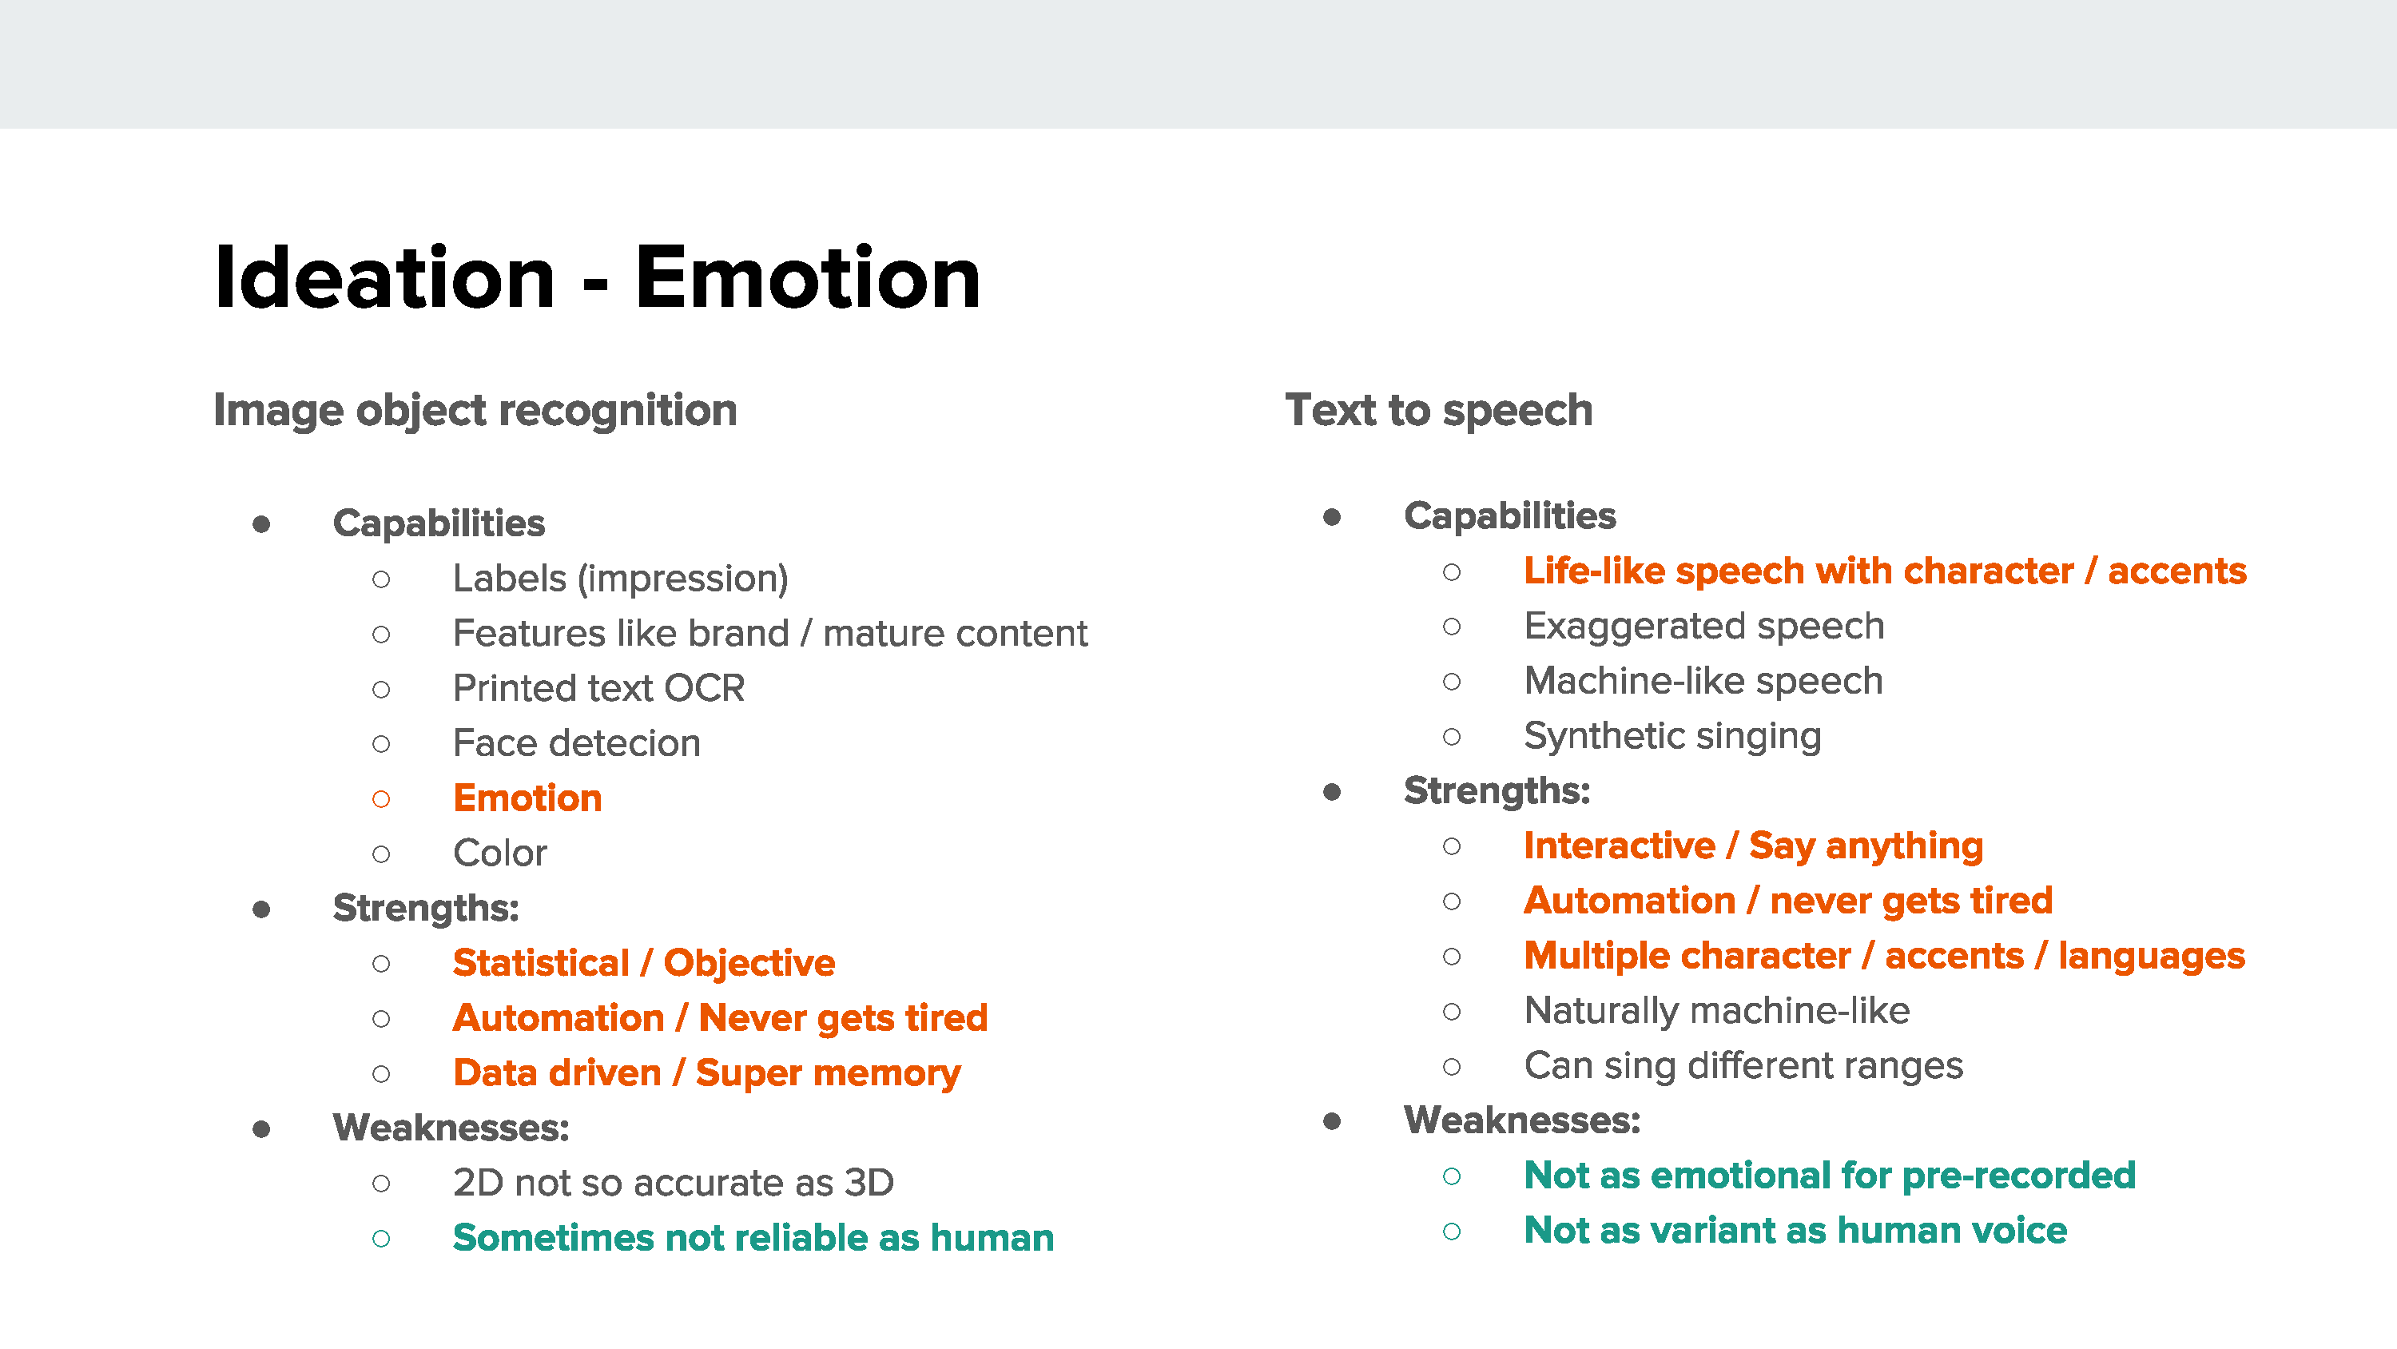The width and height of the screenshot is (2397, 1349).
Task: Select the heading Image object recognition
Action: pyautogui.click(x=475, y=411)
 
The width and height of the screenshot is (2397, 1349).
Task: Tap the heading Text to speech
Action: pyautogui.click(x=1438, y=410)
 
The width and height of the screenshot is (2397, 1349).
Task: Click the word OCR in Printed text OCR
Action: pyautogui.click(x=705, y=688)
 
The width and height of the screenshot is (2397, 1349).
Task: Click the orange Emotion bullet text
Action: pyautogui.click(x=527, y=798)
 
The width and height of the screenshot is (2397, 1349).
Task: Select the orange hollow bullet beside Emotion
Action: pyautogui.click(x=381, y=799)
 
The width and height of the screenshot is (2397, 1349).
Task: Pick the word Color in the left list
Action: pyautogui.click(x=501, y=853)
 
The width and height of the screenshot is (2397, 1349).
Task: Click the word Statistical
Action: pyautogui.click(x=542, y=963)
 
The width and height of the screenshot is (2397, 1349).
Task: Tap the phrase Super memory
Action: pyautogui.click(x=828, y=1073)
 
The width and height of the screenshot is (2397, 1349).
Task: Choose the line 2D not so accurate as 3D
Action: pyautogui.click(x=674, y=1182)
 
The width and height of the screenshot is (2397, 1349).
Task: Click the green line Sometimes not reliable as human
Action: pyautogui.click(x=753, y=1237)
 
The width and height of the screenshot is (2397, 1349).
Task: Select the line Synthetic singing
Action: pyautogui.click(x=1673, y=736)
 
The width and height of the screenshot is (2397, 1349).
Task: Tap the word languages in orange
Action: pyautogui.click(x=2152, y=956)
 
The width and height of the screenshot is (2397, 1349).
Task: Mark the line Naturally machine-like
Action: pyautogui.click(x=1717, y=1011)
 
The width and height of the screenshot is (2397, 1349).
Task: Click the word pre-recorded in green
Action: pyautogui.click(x=2019, y=1176)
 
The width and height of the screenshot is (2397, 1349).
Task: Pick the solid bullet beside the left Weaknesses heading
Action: pyautogui.click(x=261, y=1129)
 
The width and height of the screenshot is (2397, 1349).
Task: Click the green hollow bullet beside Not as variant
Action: pyautogui.click(x=1452, y=1232)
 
